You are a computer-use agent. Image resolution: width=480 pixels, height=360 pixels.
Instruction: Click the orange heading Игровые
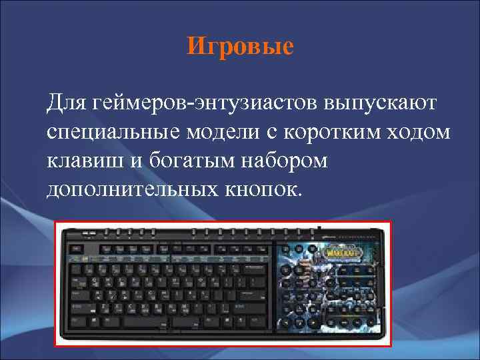[x=240, y=47]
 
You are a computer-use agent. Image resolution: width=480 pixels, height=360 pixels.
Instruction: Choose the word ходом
[x=423, y=132]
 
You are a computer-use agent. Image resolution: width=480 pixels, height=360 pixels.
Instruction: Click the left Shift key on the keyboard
[x=80, y=309]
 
